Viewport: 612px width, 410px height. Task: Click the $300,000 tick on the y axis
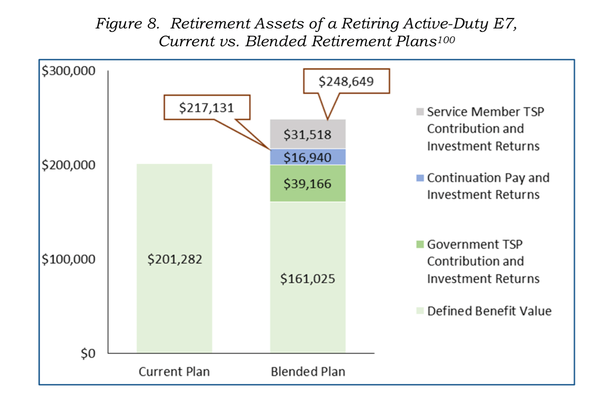click(x=69, y=71)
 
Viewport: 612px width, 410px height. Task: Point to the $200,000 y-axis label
click(x=69, y=165)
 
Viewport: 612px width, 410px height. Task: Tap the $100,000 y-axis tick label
click(x=69, y=259)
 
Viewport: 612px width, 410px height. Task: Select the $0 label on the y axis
click(x=88, y=354)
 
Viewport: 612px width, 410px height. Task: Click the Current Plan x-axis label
click(x=174, y=372)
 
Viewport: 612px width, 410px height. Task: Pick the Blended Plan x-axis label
click(x=308, y=372)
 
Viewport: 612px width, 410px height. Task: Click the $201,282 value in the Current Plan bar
click(x=175, y=259)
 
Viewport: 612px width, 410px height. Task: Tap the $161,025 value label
click(x=307, y=279)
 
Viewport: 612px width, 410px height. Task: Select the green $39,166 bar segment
click(x=307, y=184)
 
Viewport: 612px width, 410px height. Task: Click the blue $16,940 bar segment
click(x=307, y=157)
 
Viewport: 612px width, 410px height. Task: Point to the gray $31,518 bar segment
click(x=307, y=134)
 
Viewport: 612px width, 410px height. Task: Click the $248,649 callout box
click(x=346, y=81)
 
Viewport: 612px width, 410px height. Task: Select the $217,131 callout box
click(x=207, y=108)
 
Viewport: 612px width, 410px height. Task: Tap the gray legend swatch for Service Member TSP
click(x=420, y=112)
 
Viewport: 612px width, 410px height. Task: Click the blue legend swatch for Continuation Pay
click(x=420, y=178)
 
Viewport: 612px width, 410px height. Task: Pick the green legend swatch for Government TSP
click(x=420, y=245)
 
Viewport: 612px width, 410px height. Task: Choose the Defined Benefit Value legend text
click(x=489, y=311)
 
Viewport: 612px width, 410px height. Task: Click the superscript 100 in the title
click(x=446, y=40)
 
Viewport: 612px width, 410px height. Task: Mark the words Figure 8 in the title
click(x=127, y=24)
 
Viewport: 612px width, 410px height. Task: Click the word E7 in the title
click(x=505, y=24)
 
